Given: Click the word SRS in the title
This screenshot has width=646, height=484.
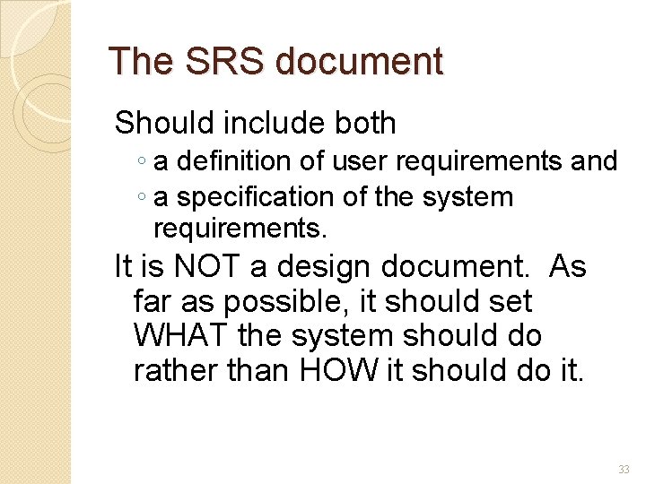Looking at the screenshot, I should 215,62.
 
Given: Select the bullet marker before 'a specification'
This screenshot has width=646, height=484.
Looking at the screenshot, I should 144,198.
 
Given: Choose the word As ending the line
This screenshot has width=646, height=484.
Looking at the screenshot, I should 567,266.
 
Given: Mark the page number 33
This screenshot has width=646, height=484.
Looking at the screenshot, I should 624,470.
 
